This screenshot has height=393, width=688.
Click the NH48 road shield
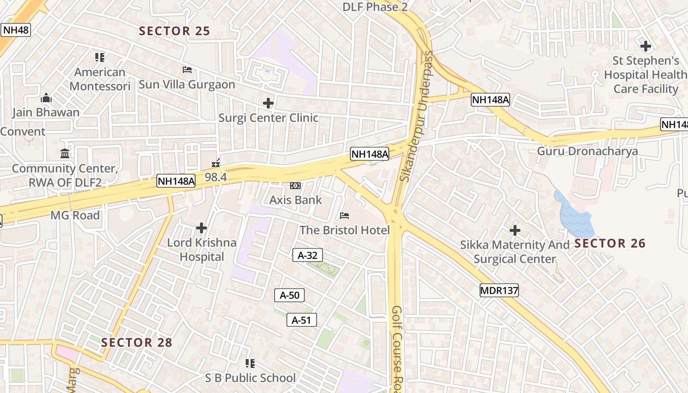tap(16, 30)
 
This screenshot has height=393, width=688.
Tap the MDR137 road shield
tap(499, 290)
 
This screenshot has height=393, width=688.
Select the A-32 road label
tap(308, 255)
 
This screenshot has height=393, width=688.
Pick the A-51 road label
tap(301, 320)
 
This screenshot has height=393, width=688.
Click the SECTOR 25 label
tap(174, 31)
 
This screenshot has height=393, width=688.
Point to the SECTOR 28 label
tap(137, 342)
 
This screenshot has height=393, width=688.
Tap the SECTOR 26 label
tap(610, 243)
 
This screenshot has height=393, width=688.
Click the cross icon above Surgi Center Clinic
tap(268, 103)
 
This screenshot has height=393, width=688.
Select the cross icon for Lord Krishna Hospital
tap(201, 228)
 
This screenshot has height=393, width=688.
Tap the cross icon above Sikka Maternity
tap(515, 230)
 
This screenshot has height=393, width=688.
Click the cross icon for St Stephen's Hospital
tap(645, 46)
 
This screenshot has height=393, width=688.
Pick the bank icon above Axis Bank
tap(295, 186)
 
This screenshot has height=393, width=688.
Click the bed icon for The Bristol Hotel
tap(344, 216)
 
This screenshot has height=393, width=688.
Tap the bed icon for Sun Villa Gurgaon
tap(187, 70)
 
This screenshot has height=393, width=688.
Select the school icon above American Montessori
tap(100, 57)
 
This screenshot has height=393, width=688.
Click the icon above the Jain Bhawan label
tap(46, 98)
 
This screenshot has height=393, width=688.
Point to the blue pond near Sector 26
tap(574, 215)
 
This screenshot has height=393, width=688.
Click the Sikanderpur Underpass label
tap(417, 115)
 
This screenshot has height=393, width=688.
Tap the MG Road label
tap(75, 215)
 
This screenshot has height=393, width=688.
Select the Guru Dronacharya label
tap(587, 151)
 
